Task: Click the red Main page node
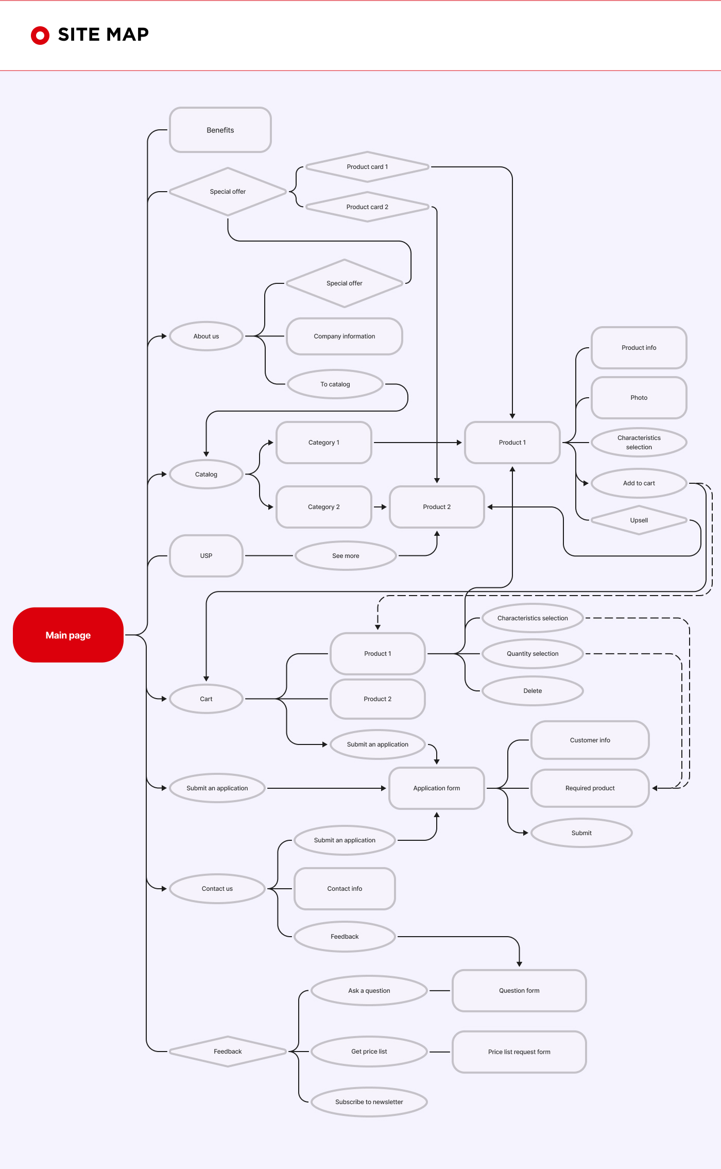point(68,635)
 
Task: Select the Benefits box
point(220,130)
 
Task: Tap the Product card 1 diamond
point(367,166)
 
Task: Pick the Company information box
point(345,336)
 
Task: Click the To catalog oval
point(335,384)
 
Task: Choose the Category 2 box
point(324,507)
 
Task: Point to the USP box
point(206,555)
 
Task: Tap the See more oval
point(346,555)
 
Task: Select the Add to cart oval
point(639,483)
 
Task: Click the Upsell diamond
point(639,520)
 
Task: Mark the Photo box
point(639,398)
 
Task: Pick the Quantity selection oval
point(533,653)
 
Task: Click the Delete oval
point(533,690)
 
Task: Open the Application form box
point(437,788)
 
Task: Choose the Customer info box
point(590,740)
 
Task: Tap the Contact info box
point(345,888)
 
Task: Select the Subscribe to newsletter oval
point(369,1102)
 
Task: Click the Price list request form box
point(519,1052)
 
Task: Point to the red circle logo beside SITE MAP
point(40,36)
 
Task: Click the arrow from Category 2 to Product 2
point(380,507)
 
